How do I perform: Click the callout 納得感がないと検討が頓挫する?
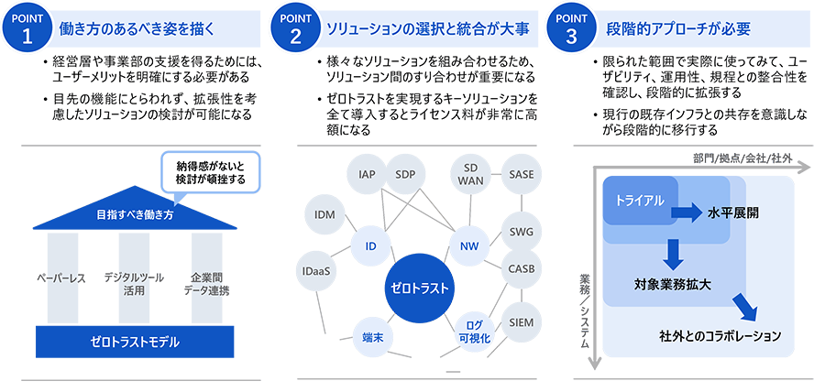tap(212, 173)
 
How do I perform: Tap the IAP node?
tap(368, 174)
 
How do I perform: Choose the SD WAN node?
tap(471, 174)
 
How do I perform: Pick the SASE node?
tap(522, 174)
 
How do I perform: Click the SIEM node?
tap(521, 322)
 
